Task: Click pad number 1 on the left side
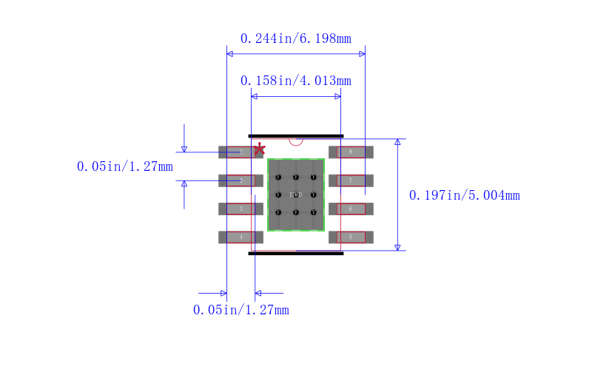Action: click(x=240, y=152)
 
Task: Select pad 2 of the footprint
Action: click(x=240, y=180)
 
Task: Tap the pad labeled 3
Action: click(x=240, y=209)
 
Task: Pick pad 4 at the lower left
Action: click(x=240, y=237)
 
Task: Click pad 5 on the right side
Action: click(x=351, y=237)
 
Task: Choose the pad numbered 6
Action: click(x=351, y=209)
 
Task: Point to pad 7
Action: click(x=351, y=180)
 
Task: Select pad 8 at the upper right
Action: click(x=351, y=152)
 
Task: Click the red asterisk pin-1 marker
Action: click(x=259, y=150)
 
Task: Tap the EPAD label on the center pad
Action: click(x=296, y=195)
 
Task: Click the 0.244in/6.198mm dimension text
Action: click(x=296, y=38)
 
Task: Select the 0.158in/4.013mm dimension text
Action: click(x=296, y=80)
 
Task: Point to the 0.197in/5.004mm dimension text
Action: click(x=464, y=195)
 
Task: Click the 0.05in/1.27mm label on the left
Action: click(x=124, y=166)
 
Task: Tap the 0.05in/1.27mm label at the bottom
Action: click(x=240, y=310)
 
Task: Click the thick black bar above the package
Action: click(x=296, y=136)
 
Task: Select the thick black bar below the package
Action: click(x=296, y=253)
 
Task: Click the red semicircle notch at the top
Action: click(x=296, y=141)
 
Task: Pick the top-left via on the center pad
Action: click(x=278, y=178)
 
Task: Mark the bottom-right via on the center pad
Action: click(x=314, y=213)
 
